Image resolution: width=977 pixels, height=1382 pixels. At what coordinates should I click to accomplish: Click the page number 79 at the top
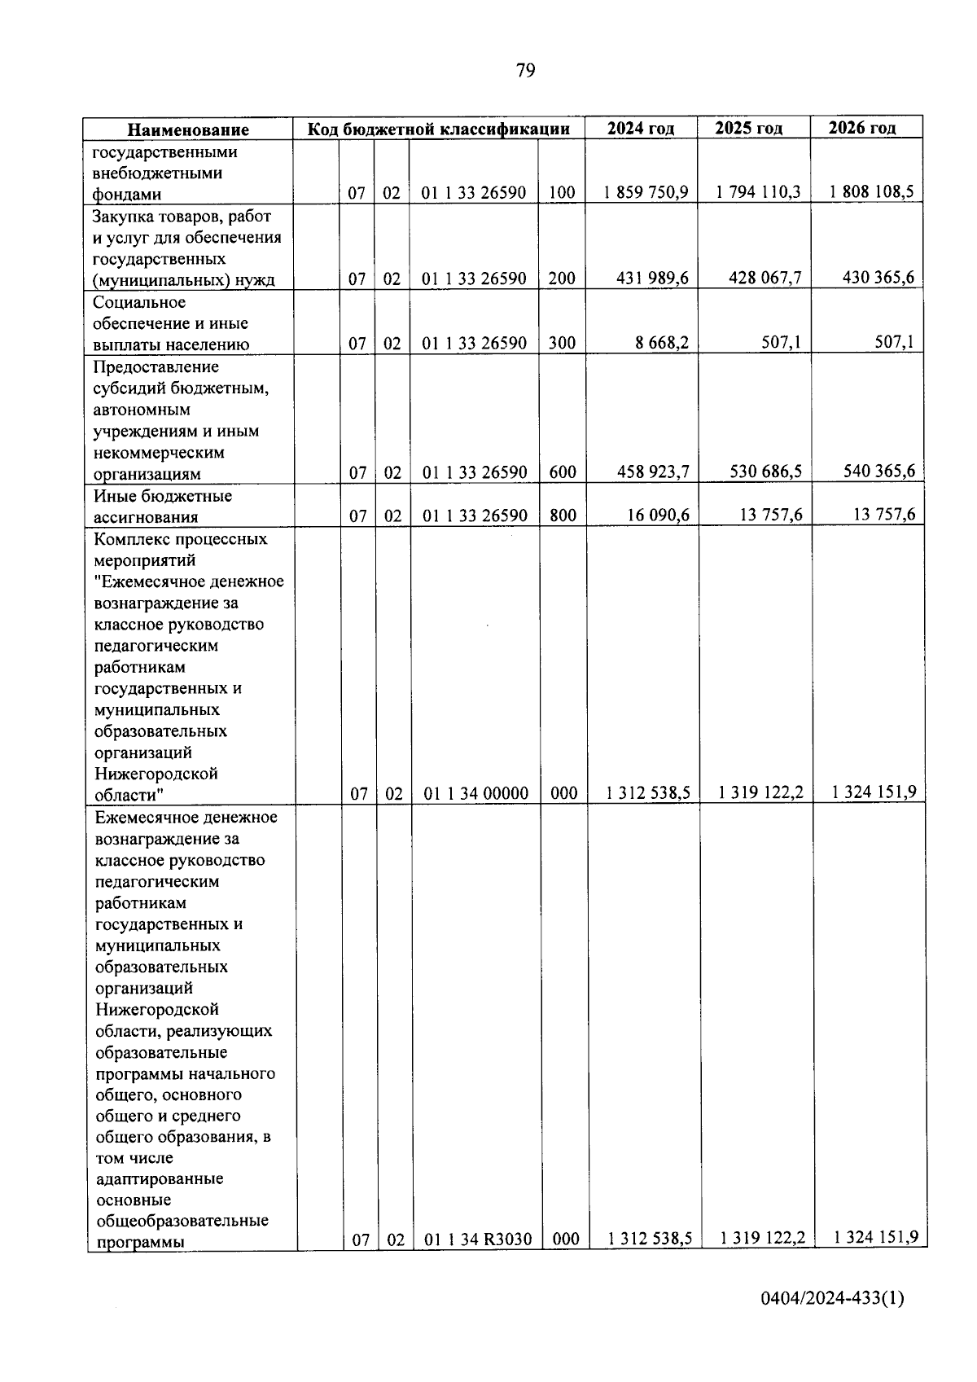coord(525,71)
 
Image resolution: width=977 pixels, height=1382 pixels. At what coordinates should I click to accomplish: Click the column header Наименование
coord(188,129)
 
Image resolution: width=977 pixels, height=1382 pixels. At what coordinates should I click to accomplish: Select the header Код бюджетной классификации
coord(438,129)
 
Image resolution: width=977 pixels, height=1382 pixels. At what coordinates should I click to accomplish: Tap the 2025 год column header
coord(748,128)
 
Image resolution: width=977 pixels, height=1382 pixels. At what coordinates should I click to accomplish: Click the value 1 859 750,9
coord(646,192)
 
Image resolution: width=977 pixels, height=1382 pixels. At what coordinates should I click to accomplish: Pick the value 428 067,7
coord(765,278)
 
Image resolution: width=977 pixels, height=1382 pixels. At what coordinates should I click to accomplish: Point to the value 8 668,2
coord(662,343)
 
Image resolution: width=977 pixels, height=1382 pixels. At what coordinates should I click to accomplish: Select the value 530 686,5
coord(765,471)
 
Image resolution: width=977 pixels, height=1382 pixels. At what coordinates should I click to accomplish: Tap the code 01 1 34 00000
coord(475,793)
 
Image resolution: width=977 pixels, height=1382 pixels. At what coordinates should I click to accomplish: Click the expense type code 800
coord(562,515)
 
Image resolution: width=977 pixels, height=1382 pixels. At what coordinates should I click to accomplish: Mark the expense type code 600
coord(562,472)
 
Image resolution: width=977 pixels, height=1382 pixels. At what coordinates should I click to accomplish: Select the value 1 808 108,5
coord(871,192)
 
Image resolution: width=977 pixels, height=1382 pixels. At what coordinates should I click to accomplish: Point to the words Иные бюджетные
coord(162,496)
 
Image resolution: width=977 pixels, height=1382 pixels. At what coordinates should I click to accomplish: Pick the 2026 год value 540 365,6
coord(878,471)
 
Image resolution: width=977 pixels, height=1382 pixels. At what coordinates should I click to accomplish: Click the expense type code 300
coord(562,343)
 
